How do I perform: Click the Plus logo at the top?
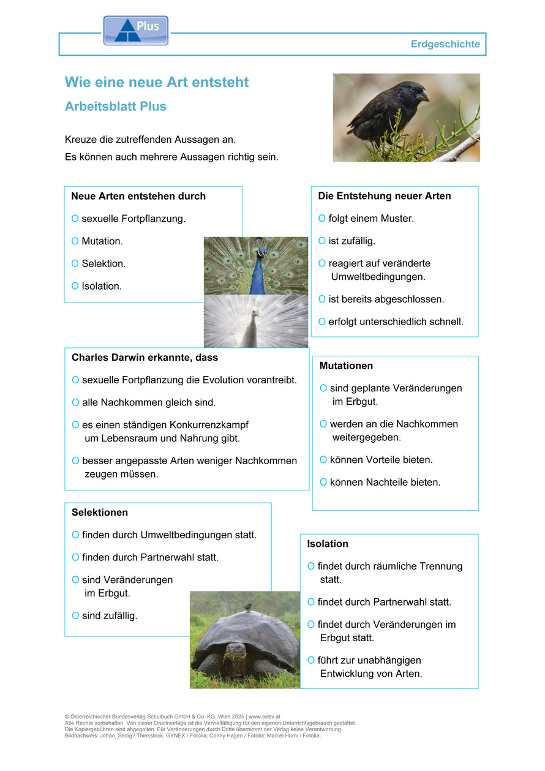tap(135, 30)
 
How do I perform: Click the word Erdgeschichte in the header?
tap(446, 44)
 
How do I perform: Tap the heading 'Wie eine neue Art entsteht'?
tap(157, 82)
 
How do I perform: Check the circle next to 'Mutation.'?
tap(75, 241)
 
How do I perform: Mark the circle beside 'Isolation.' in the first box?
tap(75, 286)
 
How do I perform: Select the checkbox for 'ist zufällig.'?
tap(322, 241)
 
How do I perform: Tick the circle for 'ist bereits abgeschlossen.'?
tap(322, 299)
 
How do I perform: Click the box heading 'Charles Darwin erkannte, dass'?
tap(145, 357)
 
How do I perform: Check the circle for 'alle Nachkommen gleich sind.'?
tap(76, 403)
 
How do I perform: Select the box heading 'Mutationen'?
tap(346, 366)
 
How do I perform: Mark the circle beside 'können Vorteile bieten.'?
tap(323, 460)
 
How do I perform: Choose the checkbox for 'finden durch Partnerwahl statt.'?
tap(76, 558)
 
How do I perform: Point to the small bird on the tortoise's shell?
tap(247, 607)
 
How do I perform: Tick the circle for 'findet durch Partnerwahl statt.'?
tap(311, 603)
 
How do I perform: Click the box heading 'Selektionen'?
tap(100, 513)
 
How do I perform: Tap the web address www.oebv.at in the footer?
tap(264, 716)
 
